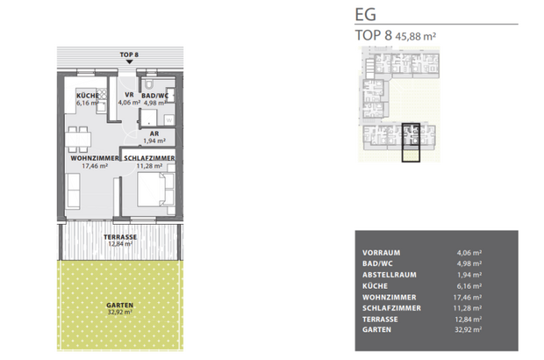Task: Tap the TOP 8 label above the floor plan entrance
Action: [x=129, y=54]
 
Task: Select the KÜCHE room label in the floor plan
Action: [x=87, y=95]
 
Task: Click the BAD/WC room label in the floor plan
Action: [x=154, y=95]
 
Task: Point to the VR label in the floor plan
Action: [x=128, y=95]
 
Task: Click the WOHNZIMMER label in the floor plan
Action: [x=94, y=158]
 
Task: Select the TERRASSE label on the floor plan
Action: [x=118, y=238]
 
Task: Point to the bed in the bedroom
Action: [x=156, y=191]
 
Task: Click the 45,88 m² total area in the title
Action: [x=417, y=36]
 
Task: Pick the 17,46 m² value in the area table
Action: [x=469, y=297]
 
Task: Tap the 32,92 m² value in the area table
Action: [x=469, y=331]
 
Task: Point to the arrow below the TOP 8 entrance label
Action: [x=129, y=64]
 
